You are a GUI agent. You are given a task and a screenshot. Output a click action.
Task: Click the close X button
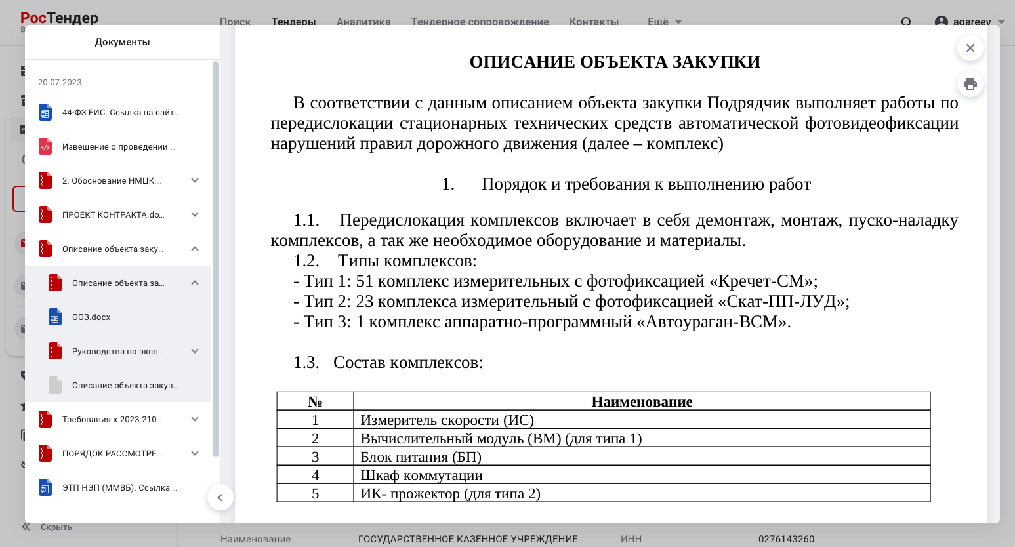click(x=970, y=48)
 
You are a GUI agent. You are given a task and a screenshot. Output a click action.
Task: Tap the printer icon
click(x=970, y=84)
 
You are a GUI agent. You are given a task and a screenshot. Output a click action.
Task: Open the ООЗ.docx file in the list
click(x=91, y=317)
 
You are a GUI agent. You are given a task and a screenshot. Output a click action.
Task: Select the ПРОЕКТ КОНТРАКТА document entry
click(x=113, y=215)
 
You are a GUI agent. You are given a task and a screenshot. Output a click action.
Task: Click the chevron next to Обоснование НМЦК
click(x=195, y=180)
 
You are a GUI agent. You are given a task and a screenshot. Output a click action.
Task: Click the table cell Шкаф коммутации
click(x=421, y=476)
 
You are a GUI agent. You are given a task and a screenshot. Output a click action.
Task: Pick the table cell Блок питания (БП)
click(x=421, y=457)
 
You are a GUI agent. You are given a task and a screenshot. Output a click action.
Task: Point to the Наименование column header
click(x=642, y=402)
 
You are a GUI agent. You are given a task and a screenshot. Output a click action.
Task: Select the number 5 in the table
click(x=315, y=494)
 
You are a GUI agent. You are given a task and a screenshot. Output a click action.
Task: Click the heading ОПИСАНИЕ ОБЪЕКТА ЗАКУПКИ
click(x=615, y=62)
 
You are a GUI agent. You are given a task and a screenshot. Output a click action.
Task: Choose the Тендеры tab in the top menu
click(x=293, y=22)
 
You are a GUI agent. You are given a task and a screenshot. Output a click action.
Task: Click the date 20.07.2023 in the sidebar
click(x=60, y=83)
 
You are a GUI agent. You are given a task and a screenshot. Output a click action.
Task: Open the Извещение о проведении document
click(x=118, y=147)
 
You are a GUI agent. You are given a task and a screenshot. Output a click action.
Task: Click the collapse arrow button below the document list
click(x=220, y=497)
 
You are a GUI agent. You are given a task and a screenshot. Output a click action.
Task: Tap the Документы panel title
click(x=122, y=42)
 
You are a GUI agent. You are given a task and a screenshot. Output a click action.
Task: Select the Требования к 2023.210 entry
click(x=112, y=420)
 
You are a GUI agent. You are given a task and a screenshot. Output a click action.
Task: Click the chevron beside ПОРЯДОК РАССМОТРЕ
click(x=195, y=453)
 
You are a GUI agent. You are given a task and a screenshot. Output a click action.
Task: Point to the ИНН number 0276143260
click(x=786, y=539)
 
